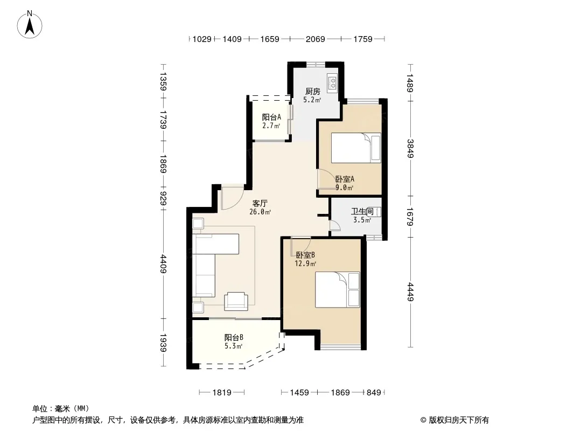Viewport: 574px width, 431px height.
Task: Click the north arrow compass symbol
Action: [30, 24]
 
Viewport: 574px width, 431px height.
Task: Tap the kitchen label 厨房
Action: [313, 91]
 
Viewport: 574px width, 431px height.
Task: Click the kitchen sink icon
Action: [332, 84]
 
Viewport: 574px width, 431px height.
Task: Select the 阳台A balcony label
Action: [271, 117]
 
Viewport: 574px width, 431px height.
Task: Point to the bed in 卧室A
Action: [356, 148]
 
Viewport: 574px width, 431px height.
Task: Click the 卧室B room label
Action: [305, 255]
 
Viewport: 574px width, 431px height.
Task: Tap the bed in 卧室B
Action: [338, 289]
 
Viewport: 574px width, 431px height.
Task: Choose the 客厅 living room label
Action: [260, 203]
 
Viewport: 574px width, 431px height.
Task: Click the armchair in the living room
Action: [235, 301]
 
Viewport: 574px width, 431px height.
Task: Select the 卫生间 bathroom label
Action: [362, 211]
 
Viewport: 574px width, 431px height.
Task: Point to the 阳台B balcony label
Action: [234, 337]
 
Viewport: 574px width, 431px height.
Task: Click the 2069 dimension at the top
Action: [315, 39]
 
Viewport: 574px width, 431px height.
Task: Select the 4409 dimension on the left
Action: [163, 263]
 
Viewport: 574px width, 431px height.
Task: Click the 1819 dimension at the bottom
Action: [222, 393]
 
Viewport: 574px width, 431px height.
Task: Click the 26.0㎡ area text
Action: [260, 212]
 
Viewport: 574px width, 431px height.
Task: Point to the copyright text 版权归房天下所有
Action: [459, 420]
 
